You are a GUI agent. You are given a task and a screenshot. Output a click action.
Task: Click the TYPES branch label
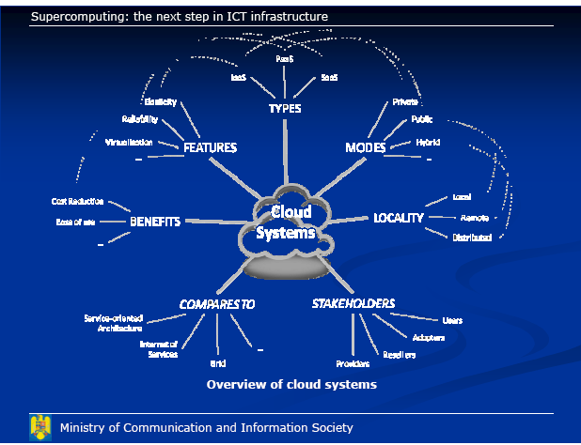(x=285, y=108)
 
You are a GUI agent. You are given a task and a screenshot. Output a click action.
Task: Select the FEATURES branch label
(x=210, y=147)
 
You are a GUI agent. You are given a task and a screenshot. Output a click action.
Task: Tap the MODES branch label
(x=366, y=147)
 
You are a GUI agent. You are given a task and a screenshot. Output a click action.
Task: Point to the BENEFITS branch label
(x=155, y=221)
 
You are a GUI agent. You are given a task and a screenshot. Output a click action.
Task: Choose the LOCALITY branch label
(x=399, y=218)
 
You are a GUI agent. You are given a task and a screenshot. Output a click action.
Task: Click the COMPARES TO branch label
(x=217, y=304)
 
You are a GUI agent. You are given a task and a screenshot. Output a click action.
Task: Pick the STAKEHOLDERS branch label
(x=353, y=303)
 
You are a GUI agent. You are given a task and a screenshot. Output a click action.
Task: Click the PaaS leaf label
(x=285, y=58)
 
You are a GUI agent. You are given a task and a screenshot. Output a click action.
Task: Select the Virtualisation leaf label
(x=127, y=142)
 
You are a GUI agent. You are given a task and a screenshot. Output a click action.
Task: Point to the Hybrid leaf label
(x=428, y=142)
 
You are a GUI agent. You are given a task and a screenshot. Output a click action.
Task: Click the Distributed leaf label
(x=472, y=238)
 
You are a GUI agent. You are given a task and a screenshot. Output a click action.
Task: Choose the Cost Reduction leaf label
(x=77, y=201)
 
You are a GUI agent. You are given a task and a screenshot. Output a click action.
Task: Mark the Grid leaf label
(x=217, y=362)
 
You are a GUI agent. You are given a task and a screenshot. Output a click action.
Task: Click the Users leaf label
(x=451, y=320)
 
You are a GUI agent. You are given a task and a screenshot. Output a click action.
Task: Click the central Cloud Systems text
(x=286, y=222)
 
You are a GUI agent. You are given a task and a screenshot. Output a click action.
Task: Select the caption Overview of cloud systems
(x=291, y=384)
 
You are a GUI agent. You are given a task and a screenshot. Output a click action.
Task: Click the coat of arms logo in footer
(x=39, y=427)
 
